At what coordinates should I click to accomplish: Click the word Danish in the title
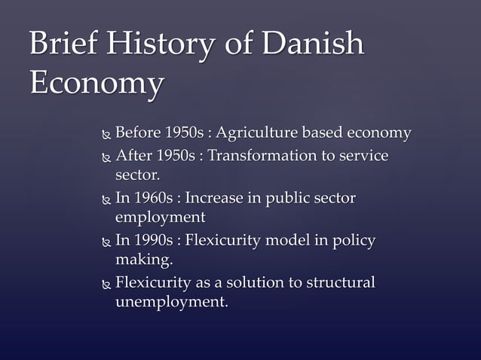tap(312, 45)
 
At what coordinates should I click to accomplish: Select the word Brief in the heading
tap(63, 45)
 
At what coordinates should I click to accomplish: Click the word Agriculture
tap(256, 134)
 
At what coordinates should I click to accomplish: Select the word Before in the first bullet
tap(137, 134)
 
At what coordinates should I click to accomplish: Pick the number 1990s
tap(153, 241)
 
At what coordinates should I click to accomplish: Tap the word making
tap(143, 260)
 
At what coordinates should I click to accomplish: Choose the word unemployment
tap(170, 302)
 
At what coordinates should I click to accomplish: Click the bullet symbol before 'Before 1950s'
tap(106, 136)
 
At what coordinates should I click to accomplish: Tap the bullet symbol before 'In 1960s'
tap(106, 200)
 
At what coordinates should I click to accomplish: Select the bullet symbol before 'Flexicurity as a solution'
tap(106, 285)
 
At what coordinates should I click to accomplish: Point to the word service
tap(363, 156)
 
